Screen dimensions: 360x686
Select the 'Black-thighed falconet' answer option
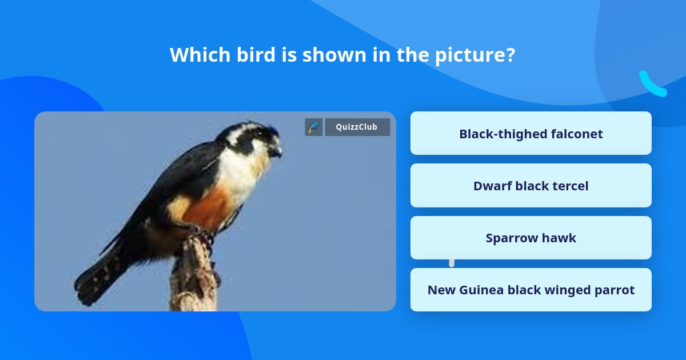point(531,134)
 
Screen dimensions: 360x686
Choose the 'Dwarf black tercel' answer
point(531,186)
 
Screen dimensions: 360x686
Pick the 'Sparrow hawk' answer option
point(531,238)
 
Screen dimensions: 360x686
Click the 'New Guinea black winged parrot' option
point(531,290)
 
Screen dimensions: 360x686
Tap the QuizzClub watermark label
point(357,127)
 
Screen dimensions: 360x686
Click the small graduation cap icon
point(314,127)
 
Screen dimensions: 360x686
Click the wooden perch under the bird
point(194,280)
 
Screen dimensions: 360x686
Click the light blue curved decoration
point(652,85)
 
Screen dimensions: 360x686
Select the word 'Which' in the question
point(198,55)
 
